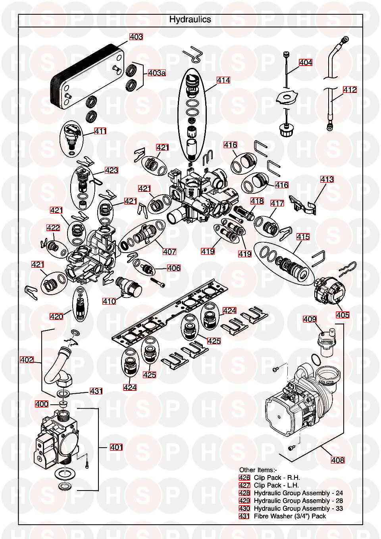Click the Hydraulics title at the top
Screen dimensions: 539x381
coord(190,19)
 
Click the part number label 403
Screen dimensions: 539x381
coord(136,37)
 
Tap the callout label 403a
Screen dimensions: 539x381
coord(157,73)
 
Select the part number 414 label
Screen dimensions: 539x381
coord(223,80)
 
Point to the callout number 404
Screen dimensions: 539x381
coord(306,62)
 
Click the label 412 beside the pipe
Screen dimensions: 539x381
coord(350,90)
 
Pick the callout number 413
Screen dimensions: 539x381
coord(327,180)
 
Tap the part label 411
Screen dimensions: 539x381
coord(100,131)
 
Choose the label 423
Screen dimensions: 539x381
coord(112,170)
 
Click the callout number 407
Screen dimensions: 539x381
coord(169,251)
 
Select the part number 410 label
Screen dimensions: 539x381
coord(109,301)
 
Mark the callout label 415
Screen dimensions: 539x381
coord(303,237)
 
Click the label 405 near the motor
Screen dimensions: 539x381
coord(343,315)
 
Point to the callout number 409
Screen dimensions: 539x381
coord(310,319)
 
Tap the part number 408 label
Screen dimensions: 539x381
coord(338,460)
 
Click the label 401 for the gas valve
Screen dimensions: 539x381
coord(116,447)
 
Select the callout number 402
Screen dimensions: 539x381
coord(27,360)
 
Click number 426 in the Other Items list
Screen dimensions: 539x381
coord(244,478)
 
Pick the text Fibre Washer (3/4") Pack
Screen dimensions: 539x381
coord(290,516)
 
